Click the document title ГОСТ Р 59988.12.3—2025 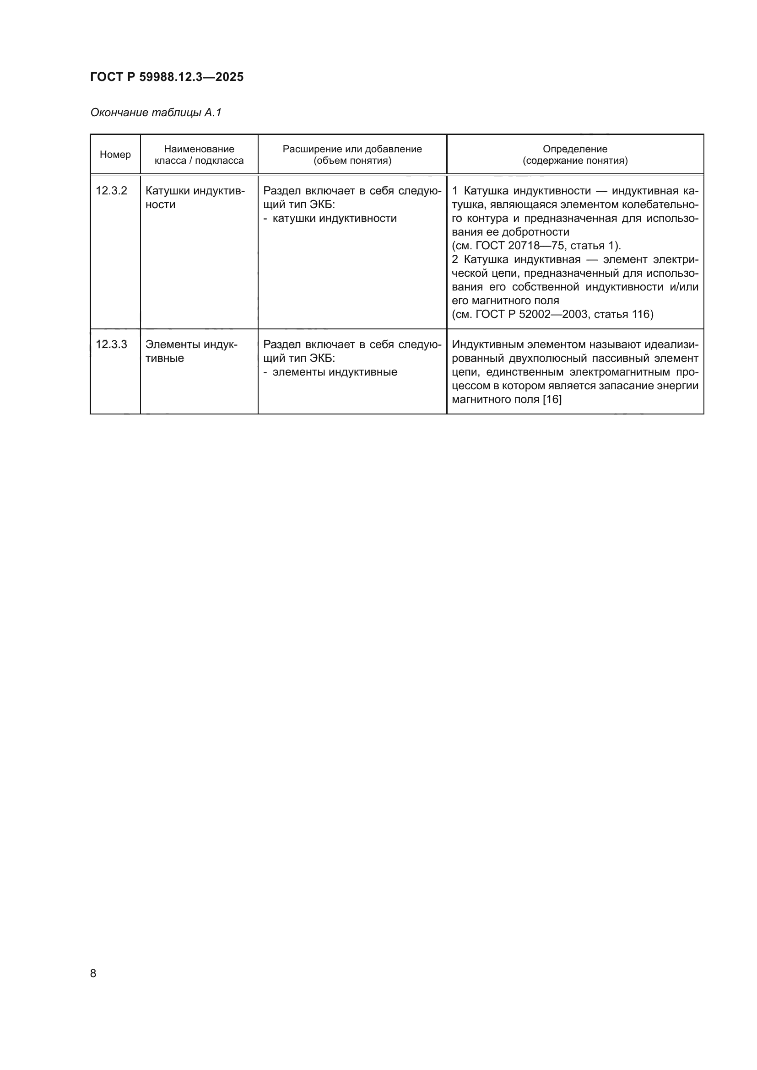167,77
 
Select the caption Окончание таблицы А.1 156,113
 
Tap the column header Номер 115,155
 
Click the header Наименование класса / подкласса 199,155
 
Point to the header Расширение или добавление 352,149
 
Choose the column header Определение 575,149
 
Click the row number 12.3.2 111,191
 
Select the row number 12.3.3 111,344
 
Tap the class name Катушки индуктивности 195,197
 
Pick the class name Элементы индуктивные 191,351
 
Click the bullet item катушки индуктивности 334,218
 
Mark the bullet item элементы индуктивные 335,372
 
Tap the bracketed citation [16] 552,399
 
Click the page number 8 93,973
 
